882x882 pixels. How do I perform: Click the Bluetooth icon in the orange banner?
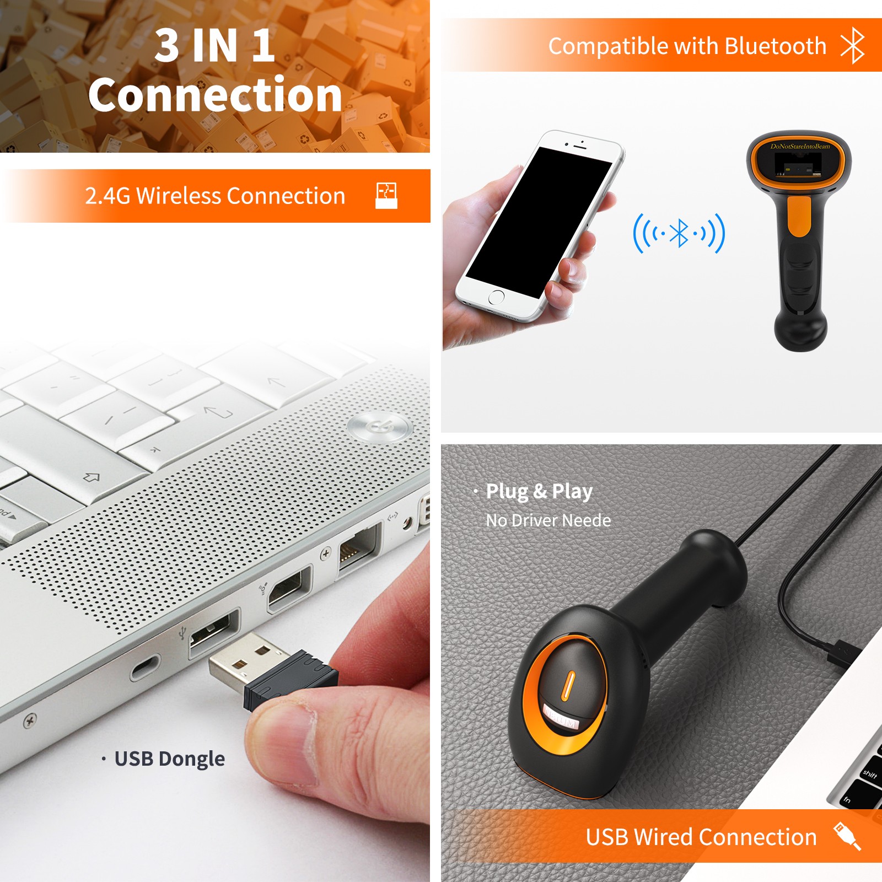(852, 45)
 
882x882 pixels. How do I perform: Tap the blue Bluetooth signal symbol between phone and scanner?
(679, 233)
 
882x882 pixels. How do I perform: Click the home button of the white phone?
(496, 297)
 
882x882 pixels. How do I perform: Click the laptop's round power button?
(380, 427)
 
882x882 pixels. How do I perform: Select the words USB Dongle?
(170, 759)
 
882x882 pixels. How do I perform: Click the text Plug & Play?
(539, 491)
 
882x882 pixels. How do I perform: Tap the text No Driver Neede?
(548, 520)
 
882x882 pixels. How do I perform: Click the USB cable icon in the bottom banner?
(847, 836)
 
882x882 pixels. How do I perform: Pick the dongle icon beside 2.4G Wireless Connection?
(386, 196)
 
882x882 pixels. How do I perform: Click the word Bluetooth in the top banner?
(776, 46)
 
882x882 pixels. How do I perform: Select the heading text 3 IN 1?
(214, 45)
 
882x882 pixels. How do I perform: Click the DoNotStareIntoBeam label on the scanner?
(800, 146)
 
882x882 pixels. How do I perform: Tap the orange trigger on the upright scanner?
(799, 217)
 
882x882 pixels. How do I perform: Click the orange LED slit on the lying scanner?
(568, 686)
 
